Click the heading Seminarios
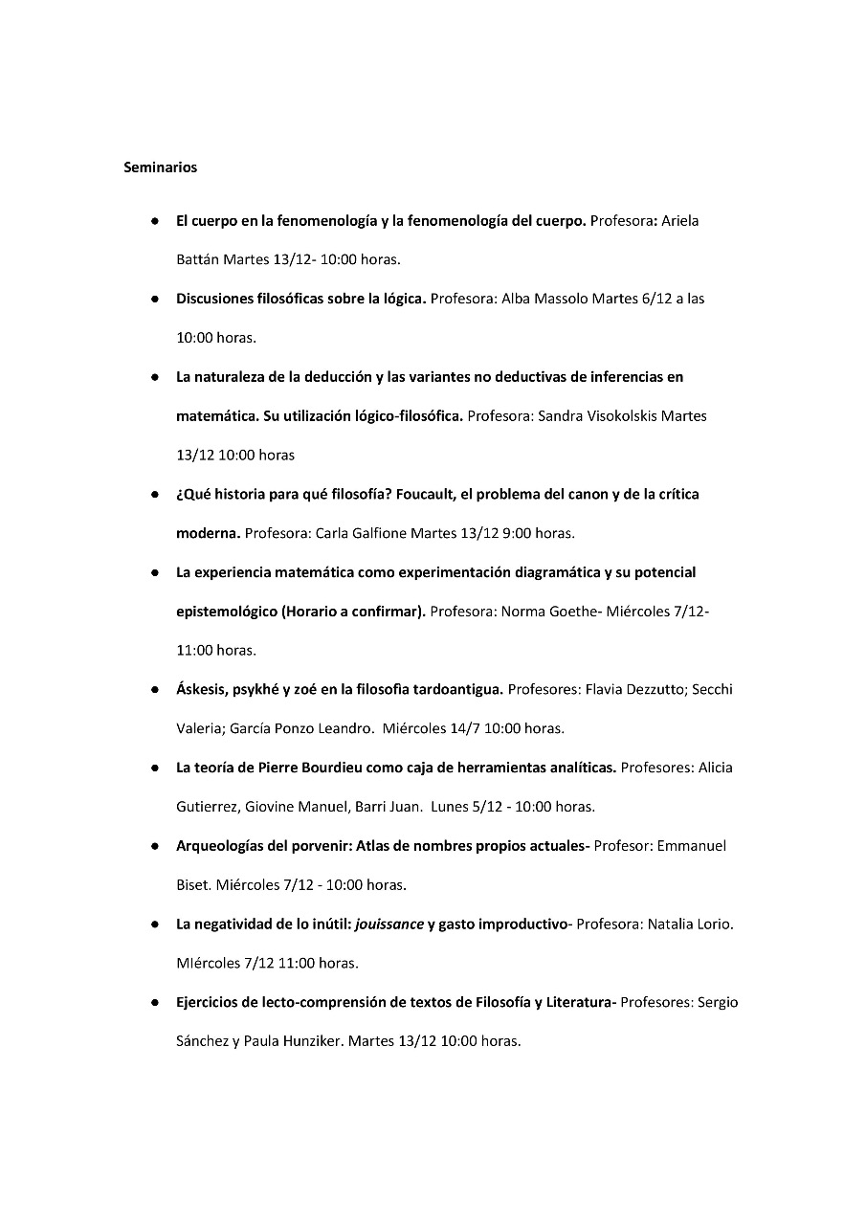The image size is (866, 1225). (160, 167)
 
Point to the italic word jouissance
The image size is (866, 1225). (389, 924)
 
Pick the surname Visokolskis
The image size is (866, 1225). (615, 416)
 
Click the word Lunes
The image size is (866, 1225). (450, 807)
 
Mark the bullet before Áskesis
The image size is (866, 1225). (154, 690)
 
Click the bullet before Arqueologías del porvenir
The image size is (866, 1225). (154, 847)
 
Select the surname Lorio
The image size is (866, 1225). (713, 924)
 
